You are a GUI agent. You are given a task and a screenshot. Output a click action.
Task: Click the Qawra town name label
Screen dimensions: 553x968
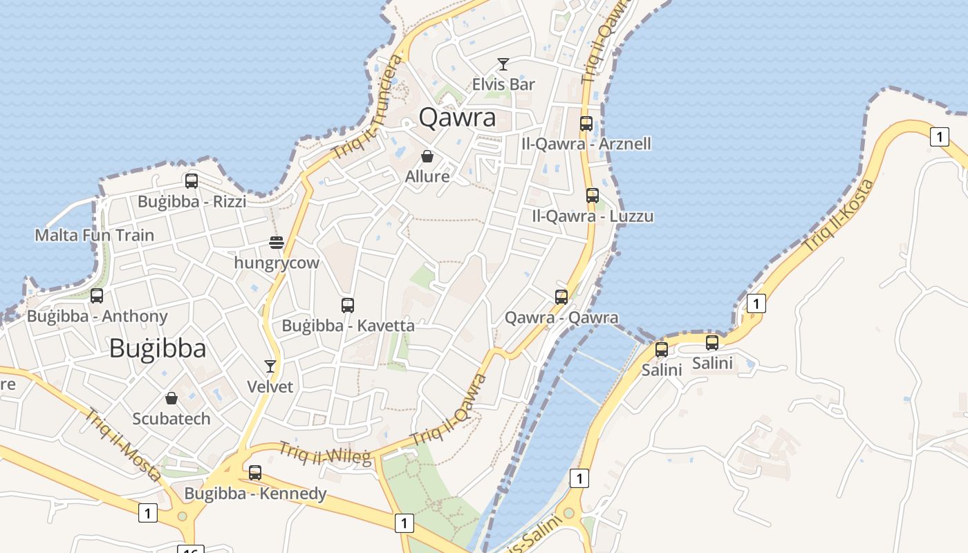[x=458, y=118]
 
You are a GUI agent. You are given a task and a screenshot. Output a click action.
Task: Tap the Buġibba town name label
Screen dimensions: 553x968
[x=158, y=348]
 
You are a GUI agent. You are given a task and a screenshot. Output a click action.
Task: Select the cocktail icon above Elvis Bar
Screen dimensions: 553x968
[x=503, y=64]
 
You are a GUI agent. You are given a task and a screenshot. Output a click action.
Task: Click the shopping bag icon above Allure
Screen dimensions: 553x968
[x=427, y=156]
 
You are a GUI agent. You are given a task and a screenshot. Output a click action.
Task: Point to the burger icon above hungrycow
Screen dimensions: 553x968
[x=277, y=243]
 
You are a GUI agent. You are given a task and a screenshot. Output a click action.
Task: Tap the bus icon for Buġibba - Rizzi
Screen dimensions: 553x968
[x=192, y=181]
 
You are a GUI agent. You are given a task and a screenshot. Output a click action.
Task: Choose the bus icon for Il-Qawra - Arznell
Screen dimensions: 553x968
[x=586, y=124]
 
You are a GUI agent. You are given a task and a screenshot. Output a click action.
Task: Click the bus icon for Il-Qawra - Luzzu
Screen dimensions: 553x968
[x=593, y=196]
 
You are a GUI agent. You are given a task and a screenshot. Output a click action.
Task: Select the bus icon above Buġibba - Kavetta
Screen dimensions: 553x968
[x=348, y=305]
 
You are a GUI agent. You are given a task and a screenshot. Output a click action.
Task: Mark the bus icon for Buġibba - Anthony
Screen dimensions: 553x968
[x=97, y=296]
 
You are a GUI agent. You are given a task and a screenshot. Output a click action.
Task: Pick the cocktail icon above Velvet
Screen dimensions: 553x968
[x=270, y=366]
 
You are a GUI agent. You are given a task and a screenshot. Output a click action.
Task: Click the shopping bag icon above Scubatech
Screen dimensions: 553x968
[x=171, y=398]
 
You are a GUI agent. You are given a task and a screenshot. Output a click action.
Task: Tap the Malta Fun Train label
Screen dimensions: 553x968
[x=95, y=235]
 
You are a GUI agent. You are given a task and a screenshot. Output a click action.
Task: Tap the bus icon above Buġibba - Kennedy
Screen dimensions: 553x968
[x=255, y=473]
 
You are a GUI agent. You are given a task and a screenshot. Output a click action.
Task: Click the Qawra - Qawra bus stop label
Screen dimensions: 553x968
[x=561, y=318]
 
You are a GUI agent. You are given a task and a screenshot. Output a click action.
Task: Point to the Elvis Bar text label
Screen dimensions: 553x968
[x=503, y=84]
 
